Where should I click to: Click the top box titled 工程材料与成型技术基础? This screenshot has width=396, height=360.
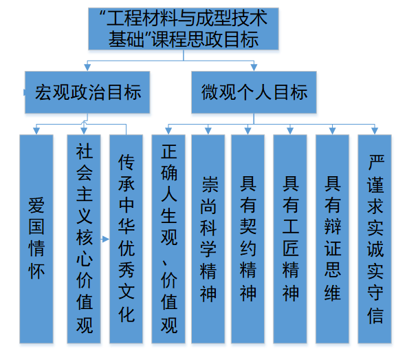click(x=184, y=29)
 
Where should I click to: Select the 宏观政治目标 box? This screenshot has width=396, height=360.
click(x=87, y=92)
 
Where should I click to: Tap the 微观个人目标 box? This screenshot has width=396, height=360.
click(x=254, y=92)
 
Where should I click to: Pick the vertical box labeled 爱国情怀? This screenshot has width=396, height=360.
click(x=36, y=239)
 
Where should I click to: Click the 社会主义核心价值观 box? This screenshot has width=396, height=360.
click(x=84, y=239)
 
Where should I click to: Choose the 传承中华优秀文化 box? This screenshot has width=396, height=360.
click(x=126, y=239)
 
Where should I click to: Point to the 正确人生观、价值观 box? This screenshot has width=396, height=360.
click(x=168, y=239)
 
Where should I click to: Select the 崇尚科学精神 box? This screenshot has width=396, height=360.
click(x=208, y=239)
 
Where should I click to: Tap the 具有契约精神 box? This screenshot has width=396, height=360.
click(x=247, y=239)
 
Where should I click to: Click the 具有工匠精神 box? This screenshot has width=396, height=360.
click(x=290, y=239)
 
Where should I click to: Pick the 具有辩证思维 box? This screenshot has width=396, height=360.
click(x=332, y=239)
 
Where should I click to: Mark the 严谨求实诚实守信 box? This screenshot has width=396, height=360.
click(x=375, y=239)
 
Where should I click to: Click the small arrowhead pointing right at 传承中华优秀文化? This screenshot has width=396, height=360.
click(x=106, y=239)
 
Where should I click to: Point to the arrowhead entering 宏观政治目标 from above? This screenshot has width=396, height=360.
click(x=87, y=67)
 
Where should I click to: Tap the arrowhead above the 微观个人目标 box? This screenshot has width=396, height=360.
click(x=254, y=67)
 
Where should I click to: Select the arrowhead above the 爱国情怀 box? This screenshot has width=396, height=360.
click(x=36, y=131)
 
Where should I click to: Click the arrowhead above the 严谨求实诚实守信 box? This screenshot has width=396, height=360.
click(x=375, y=131)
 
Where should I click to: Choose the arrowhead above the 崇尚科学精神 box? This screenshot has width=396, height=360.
click(x=208, y=131)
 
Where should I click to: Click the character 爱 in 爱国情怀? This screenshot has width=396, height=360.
click(x=36, y=205)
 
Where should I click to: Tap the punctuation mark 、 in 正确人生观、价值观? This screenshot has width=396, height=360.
click(x=165, y=264)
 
